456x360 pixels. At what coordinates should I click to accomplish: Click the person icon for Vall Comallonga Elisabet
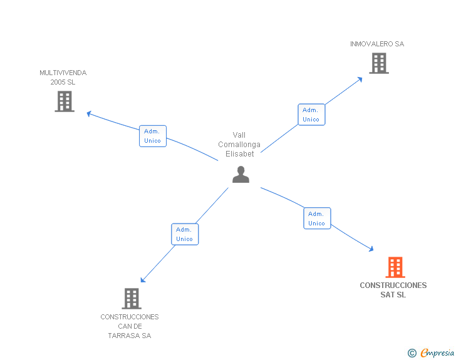241,175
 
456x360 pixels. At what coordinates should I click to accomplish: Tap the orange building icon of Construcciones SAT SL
395,267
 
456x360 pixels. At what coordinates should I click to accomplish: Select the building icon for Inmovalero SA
378,63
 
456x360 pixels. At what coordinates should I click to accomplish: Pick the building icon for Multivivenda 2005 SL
65,101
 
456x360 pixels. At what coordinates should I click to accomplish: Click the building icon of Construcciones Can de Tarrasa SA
132,299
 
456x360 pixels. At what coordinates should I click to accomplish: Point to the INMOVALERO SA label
377,44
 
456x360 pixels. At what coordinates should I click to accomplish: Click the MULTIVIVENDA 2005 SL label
63,77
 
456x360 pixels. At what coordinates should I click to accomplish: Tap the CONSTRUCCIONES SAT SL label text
393,290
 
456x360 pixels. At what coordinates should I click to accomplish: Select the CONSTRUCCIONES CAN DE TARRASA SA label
130,326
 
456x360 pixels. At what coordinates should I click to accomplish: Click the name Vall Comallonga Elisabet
239,145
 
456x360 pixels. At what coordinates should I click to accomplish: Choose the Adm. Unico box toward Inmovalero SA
311,115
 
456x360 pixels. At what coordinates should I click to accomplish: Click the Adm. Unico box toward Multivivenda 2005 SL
152,136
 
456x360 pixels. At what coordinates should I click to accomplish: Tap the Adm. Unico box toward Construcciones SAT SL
317,219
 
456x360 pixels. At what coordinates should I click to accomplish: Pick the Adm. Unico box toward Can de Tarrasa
185,234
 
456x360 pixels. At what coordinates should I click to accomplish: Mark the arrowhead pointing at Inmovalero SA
360,79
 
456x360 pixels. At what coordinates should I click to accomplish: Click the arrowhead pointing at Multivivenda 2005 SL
89,113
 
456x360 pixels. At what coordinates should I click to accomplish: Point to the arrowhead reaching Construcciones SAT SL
371,249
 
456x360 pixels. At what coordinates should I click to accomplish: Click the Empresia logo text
438,352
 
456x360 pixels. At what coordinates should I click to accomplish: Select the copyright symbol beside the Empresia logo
412,353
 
